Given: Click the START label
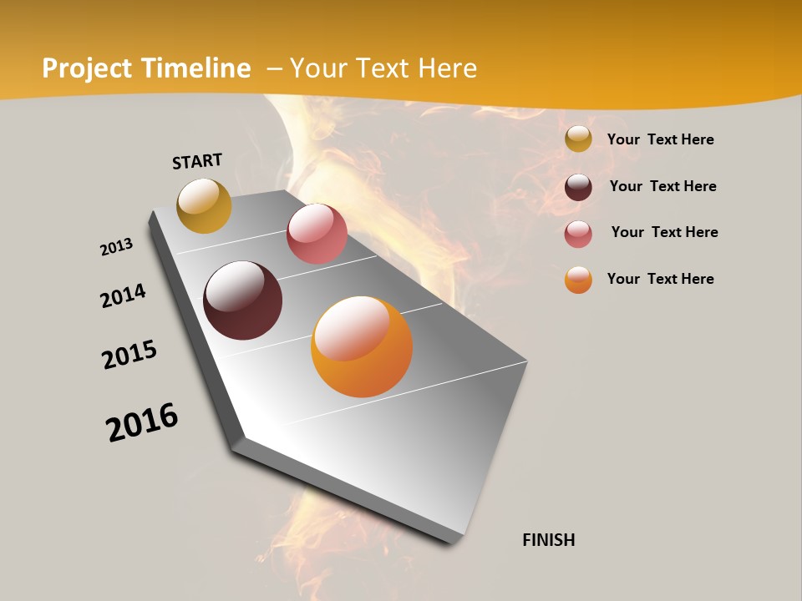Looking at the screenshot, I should pos(197,161).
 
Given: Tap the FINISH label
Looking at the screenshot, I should pos(548,540).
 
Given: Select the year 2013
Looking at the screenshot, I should pos(117,247).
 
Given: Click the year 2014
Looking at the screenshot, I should pos(124,295).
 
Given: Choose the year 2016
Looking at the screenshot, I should pos(142,422).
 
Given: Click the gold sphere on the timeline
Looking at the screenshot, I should pos(204,205).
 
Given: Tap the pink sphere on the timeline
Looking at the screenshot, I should pos(317,234).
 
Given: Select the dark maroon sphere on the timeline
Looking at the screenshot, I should pos(242,300).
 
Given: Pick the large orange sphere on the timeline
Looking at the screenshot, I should pos(362,346).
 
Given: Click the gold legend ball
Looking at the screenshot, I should pos(578,139).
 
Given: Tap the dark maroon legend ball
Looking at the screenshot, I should pos(578,187).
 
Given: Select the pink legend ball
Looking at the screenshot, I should pos(578,234).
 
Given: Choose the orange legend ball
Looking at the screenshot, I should pos(578,280).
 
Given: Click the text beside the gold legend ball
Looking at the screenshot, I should pos(660,140).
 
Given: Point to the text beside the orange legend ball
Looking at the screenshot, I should pos(660,279).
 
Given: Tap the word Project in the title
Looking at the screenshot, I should pos(85,68).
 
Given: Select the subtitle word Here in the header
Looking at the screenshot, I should pos(447,68).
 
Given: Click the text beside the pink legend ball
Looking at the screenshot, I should pos(664,232).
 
